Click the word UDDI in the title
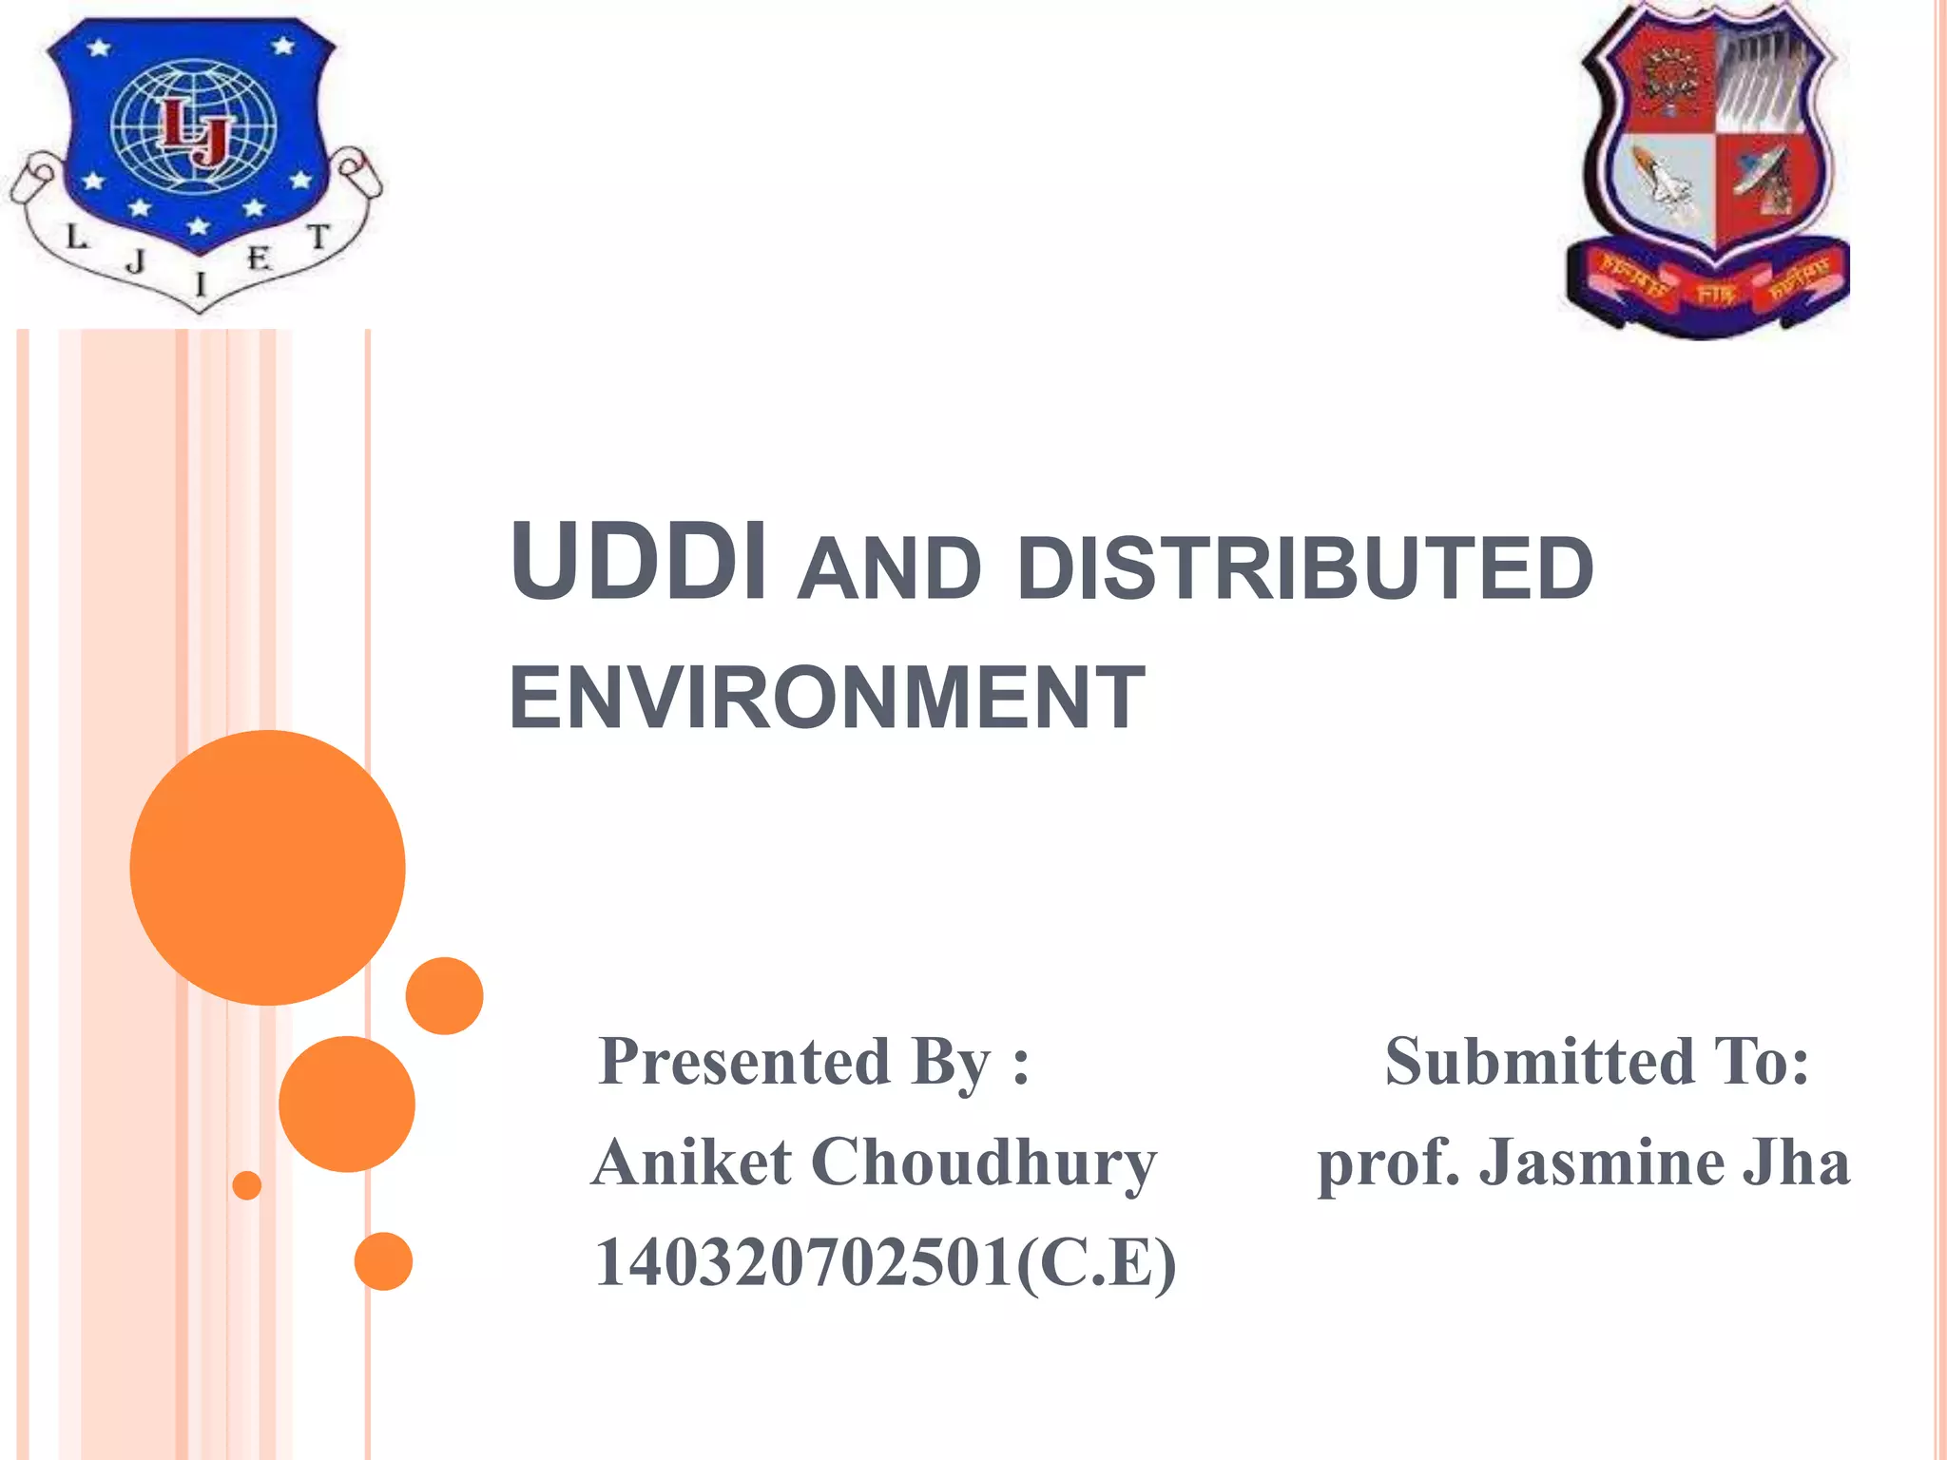pyautogui.click(x=638, y=562)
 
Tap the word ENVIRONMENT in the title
pyautogui.click(x=826, y=698)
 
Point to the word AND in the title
pyautogui.click(x=889, y=569)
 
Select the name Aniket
pyautogui.click(x=691, y=1162)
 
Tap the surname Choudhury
pyautogui.click(x=983, y=1164)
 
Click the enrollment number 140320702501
pyautogui.click(x=803, y=1263)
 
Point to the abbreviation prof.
pyautogui.click(x=1388, y=1164)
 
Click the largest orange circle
pyautogui.click(x=267, y=867)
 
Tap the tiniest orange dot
pyautogui.click(x=247, y=1185)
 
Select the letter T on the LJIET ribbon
pyautogui.click(x=319, y=238)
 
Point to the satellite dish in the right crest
pyautogui.click(x=1764, y=176)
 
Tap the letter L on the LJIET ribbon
pyautogui.click(x=76, y=238)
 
